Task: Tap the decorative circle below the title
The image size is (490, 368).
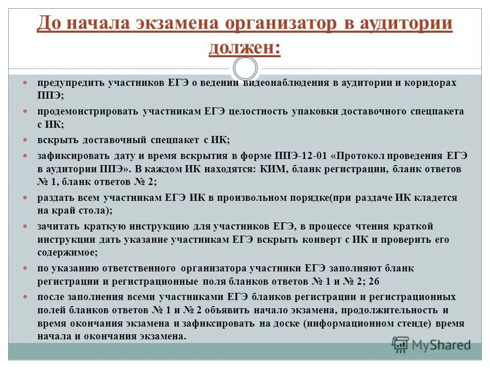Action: pyautogui.click(x=245, y=68)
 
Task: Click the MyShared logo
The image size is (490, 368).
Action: pyautogui.click(x=431, y=344)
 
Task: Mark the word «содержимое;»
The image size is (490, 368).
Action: pyautogui.click(x=67, y=252)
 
